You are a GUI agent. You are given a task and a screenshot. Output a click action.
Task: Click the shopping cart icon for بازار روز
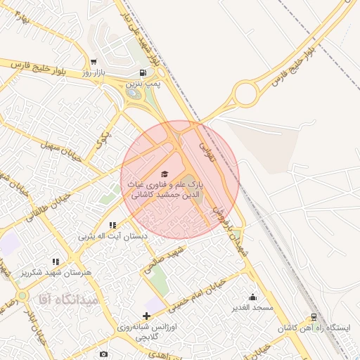coord(94,62)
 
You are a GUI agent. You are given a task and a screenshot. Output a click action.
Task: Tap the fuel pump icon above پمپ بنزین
coord(143,72)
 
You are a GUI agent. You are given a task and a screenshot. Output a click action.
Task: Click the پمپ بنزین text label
coord(143,84)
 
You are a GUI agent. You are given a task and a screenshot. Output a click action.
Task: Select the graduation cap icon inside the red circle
coord(165,174)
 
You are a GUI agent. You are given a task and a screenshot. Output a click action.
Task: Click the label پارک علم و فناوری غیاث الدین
coord(165,188)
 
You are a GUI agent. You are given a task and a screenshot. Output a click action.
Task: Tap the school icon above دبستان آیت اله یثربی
coord(112,226)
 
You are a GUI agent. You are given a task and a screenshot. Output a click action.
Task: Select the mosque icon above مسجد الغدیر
coord(253,297)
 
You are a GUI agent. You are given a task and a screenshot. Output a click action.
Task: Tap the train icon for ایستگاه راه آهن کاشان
coord(314,317)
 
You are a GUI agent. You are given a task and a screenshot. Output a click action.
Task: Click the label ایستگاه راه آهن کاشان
coord(314,328)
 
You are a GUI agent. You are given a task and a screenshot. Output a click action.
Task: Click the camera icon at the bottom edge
coord(104,354)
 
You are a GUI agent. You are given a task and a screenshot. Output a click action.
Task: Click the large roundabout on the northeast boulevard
coord(247,94)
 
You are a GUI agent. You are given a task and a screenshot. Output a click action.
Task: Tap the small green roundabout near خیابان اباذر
coord(22,295)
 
